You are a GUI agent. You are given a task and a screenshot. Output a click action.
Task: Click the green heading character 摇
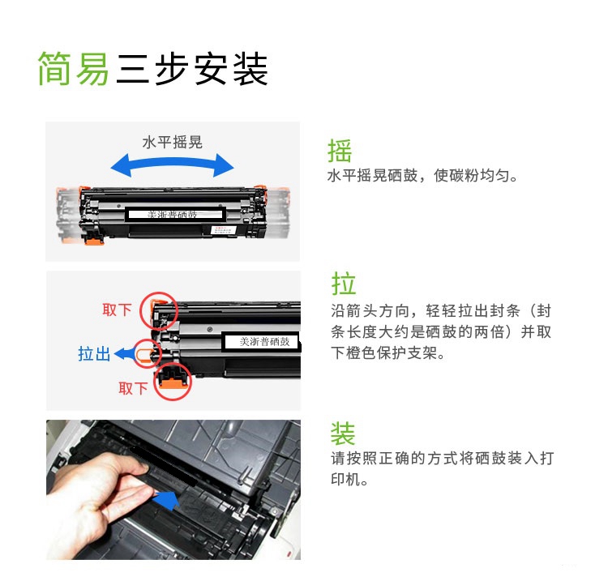click(x=340, y=151)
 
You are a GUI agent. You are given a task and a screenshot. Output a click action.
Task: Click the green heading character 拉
click(x=343, y=284)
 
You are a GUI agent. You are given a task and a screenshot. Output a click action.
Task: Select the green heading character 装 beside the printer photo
click(x=343, y=434)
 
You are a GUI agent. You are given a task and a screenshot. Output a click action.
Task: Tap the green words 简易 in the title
click(x=73, y=69)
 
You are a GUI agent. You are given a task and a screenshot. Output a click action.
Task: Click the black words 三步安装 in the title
click(x=192, y=69)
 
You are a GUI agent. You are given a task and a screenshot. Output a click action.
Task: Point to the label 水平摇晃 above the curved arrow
click(x=173, y=143)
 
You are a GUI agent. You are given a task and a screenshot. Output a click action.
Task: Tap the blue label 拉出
click(x=94, y=354)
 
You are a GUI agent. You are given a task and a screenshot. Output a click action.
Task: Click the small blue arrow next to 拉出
click(x=124, y=353)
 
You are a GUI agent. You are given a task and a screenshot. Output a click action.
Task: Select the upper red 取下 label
click(x=117, y=310)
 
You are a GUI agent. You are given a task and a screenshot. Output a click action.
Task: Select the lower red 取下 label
click(x=133, y=388)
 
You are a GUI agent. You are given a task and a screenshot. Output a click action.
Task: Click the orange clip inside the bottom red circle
click(x=173, y=383)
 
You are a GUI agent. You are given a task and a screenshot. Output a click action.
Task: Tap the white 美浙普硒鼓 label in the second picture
click(x=262, y=341)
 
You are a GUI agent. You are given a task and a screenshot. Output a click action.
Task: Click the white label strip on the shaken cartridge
click(x=175, y=214)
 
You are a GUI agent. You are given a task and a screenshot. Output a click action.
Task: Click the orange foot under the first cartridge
click(x=94, y=241)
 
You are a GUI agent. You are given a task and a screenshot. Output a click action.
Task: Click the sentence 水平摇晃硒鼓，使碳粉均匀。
click(x=422, y=176)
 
